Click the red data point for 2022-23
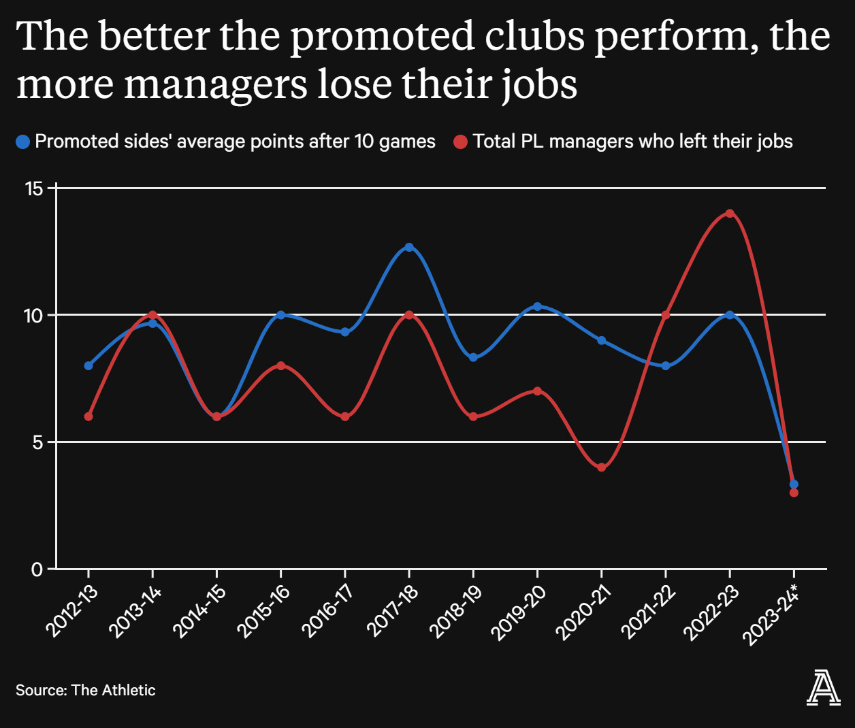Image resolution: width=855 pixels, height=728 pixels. click(730, 214)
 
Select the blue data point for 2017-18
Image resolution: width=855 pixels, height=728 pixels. click(409, 247)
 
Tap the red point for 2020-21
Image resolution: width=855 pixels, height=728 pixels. click(601, 467)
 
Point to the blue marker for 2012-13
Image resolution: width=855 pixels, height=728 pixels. click(88, 365)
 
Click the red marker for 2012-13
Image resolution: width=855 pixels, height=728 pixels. click(88, 416)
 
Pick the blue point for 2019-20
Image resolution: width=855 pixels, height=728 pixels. click(537, 307)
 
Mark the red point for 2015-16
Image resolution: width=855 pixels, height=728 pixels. click(280, 365)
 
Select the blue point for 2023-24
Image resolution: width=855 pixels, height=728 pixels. click(794, 484)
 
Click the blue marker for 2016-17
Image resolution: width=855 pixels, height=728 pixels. click(344, 332)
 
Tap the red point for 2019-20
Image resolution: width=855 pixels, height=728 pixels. click(537, 391)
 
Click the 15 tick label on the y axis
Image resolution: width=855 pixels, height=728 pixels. click(34, 188)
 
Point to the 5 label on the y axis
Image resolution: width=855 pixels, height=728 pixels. click(38, 442)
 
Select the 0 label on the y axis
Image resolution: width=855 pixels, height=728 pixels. click(37, 569)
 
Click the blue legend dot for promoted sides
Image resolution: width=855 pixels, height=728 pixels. click(23, 142)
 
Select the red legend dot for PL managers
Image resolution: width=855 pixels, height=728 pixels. click(461, 142)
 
